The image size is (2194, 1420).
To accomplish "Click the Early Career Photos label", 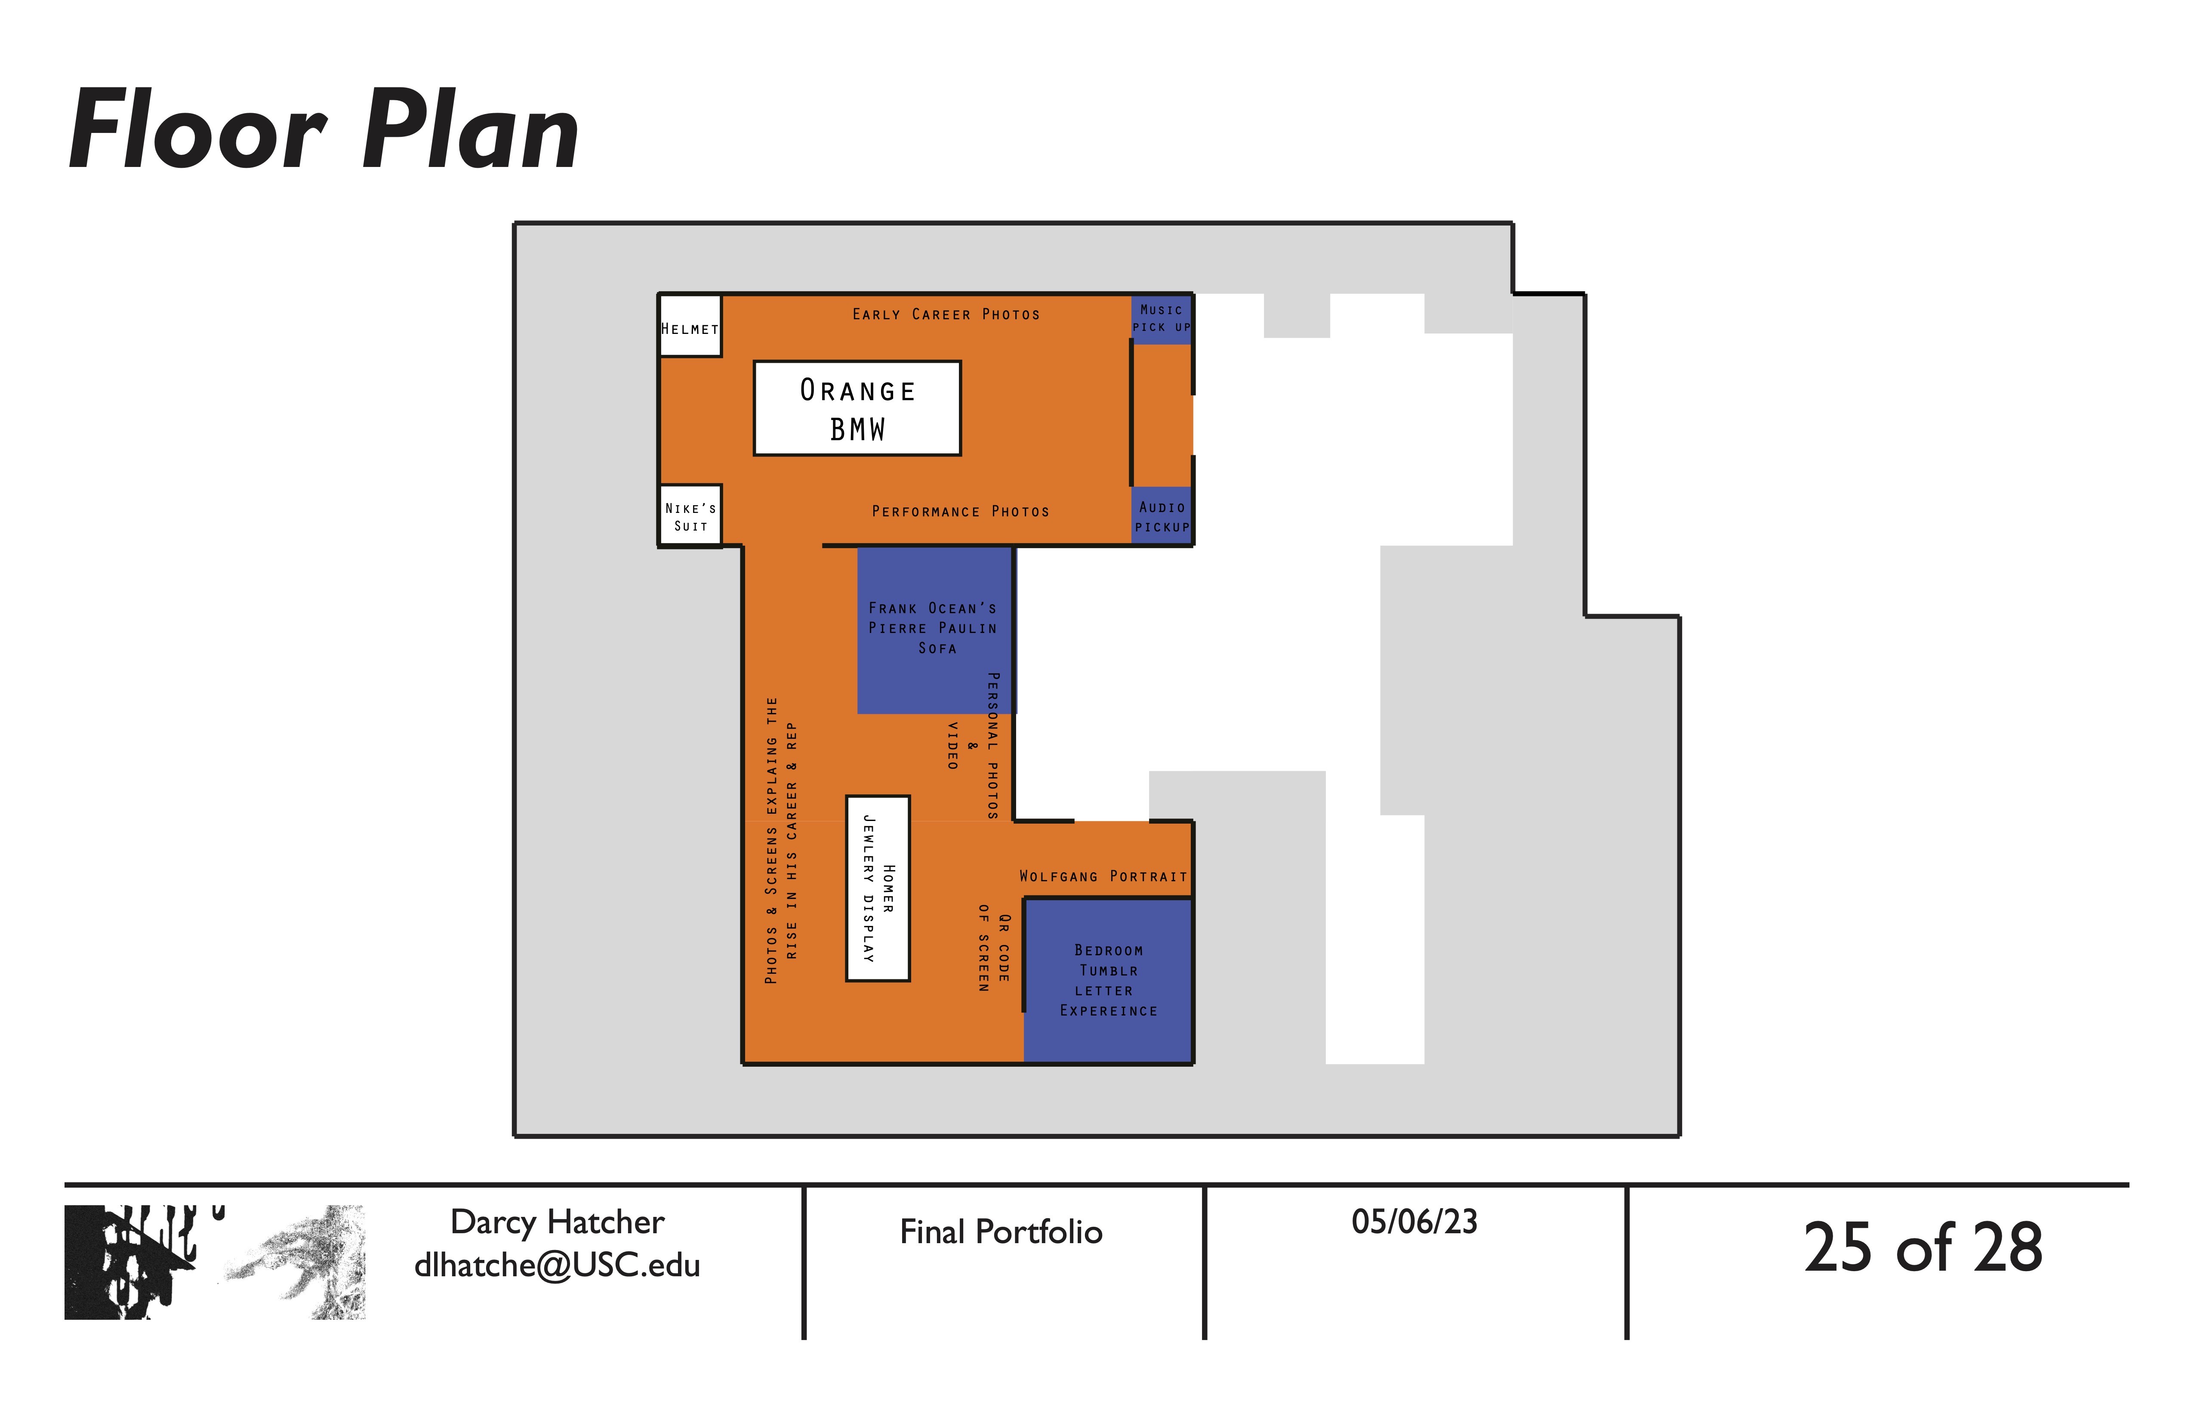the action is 946,315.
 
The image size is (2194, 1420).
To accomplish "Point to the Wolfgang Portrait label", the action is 1103,876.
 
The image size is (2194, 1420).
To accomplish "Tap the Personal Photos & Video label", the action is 973,745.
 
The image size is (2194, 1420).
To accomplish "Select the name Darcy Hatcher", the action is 557,1222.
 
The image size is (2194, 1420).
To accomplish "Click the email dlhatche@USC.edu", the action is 557,1265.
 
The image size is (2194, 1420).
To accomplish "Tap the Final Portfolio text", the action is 1001,1232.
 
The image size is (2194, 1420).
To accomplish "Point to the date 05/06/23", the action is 1414,1222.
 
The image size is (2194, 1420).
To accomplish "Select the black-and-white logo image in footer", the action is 215,1261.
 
